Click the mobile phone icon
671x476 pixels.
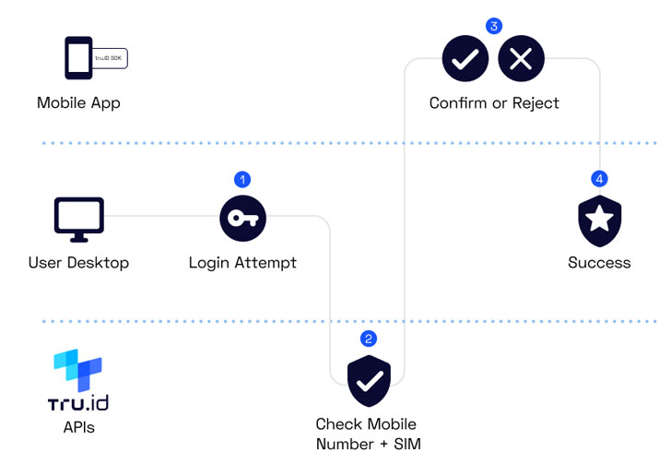[x=77, y=58]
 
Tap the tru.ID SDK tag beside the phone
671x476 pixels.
[x=110, y=58]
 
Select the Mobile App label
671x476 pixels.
[x=78, y=102]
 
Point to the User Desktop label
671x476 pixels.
[x=78, y=263]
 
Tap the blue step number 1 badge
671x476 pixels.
[x=242, y=178]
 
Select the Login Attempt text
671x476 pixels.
[x=242, y=263]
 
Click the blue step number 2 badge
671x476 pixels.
[x=369, y=339]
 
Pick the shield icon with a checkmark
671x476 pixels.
[x=369, y=379]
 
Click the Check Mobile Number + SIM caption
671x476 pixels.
[x=366, y=434]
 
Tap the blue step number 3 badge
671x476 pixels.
[x=494, y=25]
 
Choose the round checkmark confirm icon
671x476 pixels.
[x=465, y=59]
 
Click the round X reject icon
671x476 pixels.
[x=521, y=59]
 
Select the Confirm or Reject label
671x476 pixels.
[x=494, y=102]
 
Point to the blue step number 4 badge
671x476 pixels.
[x=599, y=178]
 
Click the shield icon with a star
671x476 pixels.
[x=599, y=220]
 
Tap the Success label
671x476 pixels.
[x=599, y=263]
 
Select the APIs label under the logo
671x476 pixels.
[x=77, y=427]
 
